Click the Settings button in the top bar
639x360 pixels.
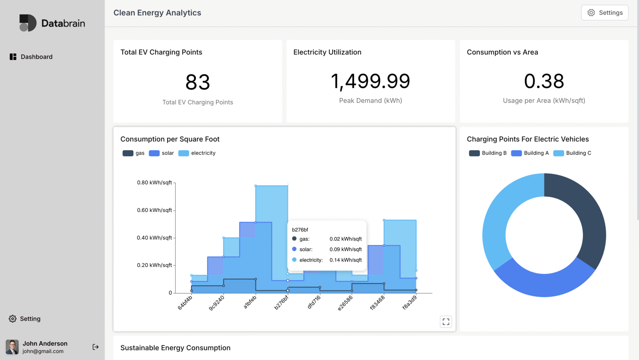click(x=605, y=13)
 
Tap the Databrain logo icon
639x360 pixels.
click(x=28, y=23)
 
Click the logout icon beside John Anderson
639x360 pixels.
click(x=96, y=347)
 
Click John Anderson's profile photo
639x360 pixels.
click(x=12, y=347)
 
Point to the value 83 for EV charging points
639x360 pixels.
click(x=197, y=82)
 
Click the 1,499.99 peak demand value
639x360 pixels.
click(x=370, y=81)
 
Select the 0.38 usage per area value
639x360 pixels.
click(x=544, y=81)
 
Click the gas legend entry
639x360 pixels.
click(x=134, y=153)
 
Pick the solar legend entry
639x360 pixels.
click(x=161, y=153)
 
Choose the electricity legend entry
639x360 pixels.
click(x=197, y=153)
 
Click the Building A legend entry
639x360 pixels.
click(x=530, y=153)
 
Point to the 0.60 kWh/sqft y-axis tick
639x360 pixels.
click(x=154, y=210)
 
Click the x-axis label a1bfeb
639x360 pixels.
click(x=250, y=302)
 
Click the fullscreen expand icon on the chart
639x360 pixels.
click(x=446, y=322)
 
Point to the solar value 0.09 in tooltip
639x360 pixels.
click(x=345, y=250)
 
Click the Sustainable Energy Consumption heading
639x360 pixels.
click(x=175, y=348)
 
